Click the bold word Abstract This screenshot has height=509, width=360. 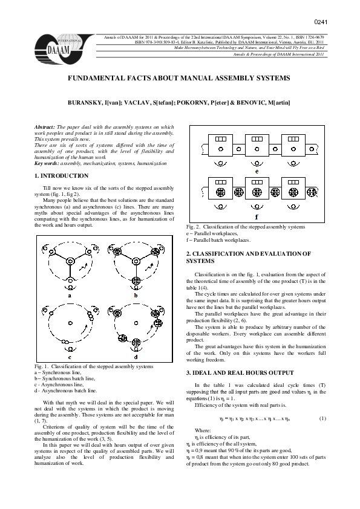point(45,128)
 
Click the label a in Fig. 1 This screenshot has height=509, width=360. point(71,296)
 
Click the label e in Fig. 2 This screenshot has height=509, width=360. point(257,171)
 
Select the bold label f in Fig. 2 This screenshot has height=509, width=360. point(257,216)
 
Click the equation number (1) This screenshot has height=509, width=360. point(322,418)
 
